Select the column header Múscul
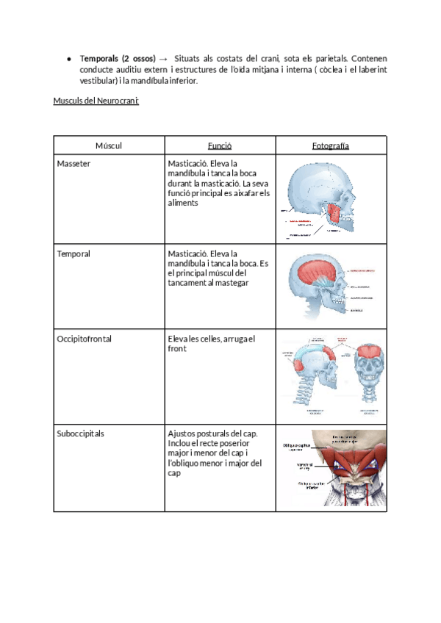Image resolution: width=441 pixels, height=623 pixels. [109, 145]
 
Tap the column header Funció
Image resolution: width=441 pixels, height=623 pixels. [220, 145]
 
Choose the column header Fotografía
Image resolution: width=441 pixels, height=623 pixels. [330, 145]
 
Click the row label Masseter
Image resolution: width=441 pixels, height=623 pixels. [73, 163]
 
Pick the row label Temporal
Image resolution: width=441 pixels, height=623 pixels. [73, 254]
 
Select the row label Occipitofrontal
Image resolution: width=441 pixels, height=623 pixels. [83, 339]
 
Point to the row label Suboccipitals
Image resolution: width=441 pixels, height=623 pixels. [80, 433]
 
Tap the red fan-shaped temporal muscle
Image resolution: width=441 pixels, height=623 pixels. [315, 273]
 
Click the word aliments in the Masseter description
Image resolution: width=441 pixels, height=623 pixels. [182, 201]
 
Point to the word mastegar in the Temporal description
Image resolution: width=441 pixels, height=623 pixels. [229, 283]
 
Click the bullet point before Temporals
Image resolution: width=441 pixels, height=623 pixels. [68, 59]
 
